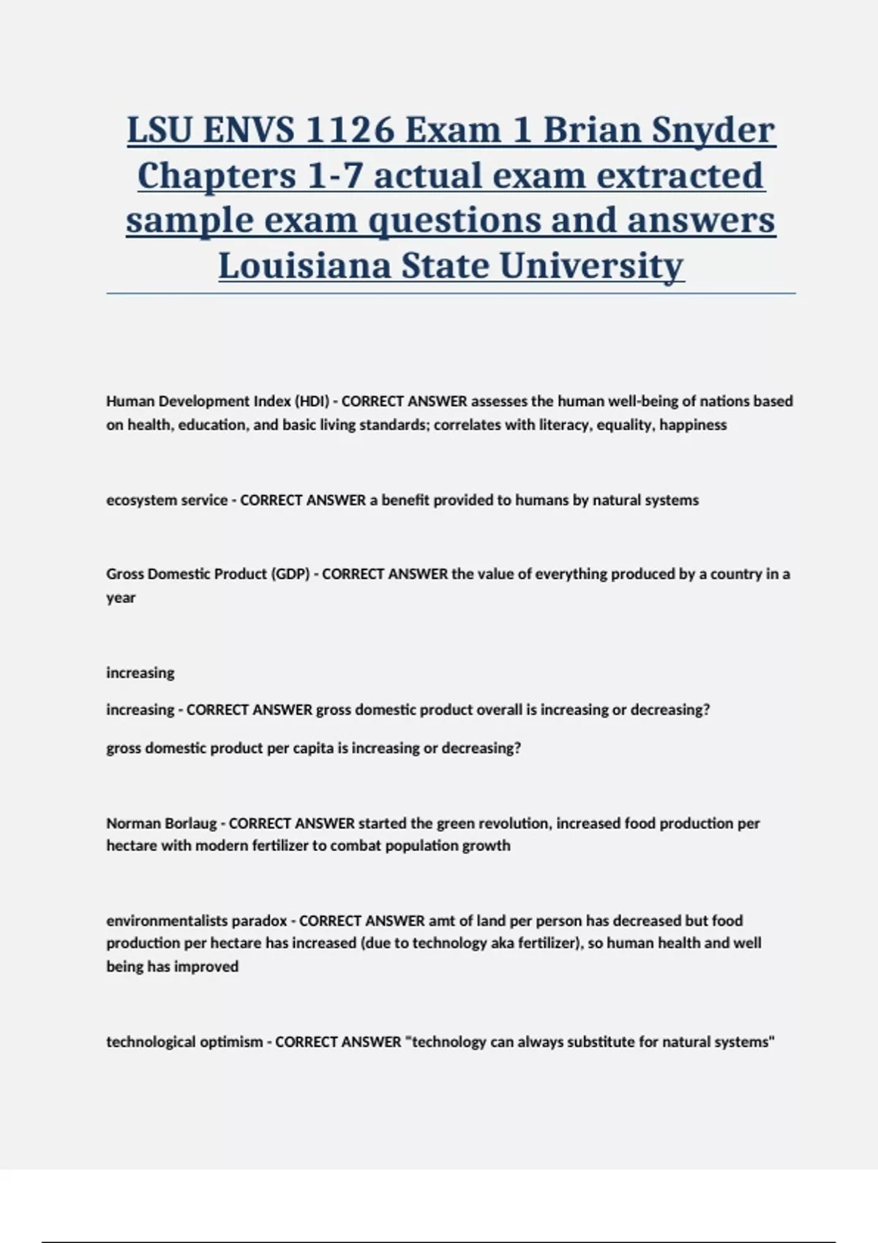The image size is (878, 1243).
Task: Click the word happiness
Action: [x=693, y=425]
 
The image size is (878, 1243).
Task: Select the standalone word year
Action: [x=121, y=598]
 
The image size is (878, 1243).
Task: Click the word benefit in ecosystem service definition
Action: [x=406, y=500]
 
